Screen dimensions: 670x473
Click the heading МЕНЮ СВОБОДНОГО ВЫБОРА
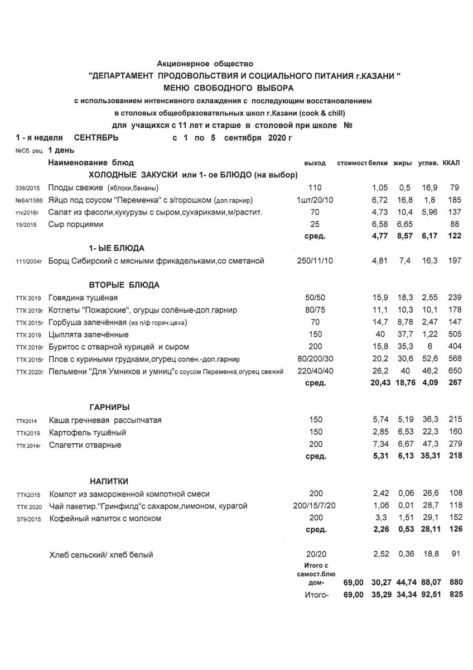click(x=228, y=88)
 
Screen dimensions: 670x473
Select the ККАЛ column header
click(x=451, y=163)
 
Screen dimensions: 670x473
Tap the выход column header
click(x=315, y=163)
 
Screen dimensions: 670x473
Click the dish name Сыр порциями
click(x=83, y=224)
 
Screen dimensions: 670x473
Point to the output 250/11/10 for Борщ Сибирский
click(x=315, y=261)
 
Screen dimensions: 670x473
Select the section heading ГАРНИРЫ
click(x=110, y=408)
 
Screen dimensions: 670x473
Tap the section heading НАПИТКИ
click(x=110, y=481)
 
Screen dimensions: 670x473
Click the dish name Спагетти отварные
click(x=85, y=445)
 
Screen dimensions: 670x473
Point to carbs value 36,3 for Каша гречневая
click(x=429, y=420)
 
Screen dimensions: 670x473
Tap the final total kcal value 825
click(x=456, y=595)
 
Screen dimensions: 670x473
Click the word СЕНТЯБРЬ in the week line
click(x=96, y=137)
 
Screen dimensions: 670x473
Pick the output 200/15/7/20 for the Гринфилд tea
click(x=315, y=506)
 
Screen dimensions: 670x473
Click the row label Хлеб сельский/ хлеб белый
click(x=101, y=554)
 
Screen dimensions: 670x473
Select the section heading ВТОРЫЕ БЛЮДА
click(x=124, y=285)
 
